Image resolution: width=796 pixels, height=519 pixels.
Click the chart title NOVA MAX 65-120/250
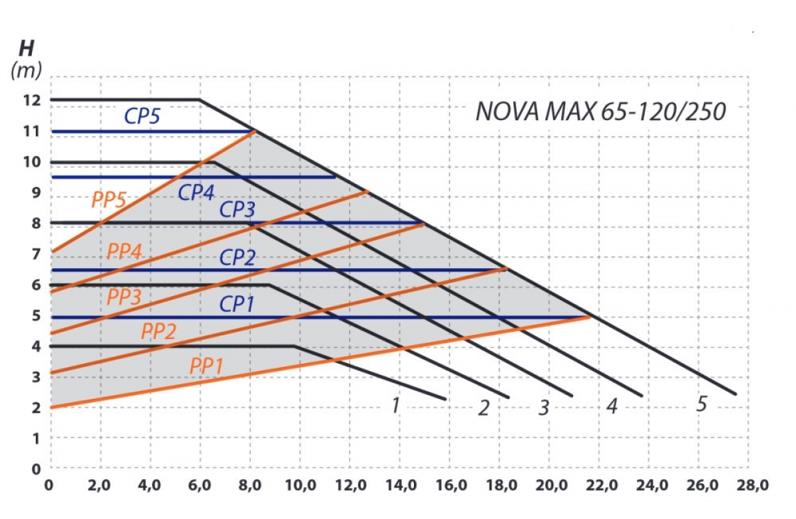[x=601, y=111]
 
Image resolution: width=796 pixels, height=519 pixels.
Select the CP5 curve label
[x=143, y=116]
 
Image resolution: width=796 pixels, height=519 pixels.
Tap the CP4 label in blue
[x=196, y=192]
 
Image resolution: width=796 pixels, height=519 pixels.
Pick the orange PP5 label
[x=109, y=200]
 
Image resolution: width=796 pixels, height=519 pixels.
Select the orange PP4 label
[x=125, y=252]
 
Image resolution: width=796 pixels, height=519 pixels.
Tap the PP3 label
[x=125, y=297]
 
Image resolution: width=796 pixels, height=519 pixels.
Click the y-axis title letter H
[x=27, y=49]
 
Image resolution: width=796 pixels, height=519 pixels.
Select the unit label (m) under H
[x=27, y=70]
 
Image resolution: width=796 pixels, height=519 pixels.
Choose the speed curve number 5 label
[x=701, y=404]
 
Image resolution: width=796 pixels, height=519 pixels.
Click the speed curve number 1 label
[x=395, y=404]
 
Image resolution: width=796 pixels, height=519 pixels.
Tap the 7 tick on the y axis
[x=36, y=254]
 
